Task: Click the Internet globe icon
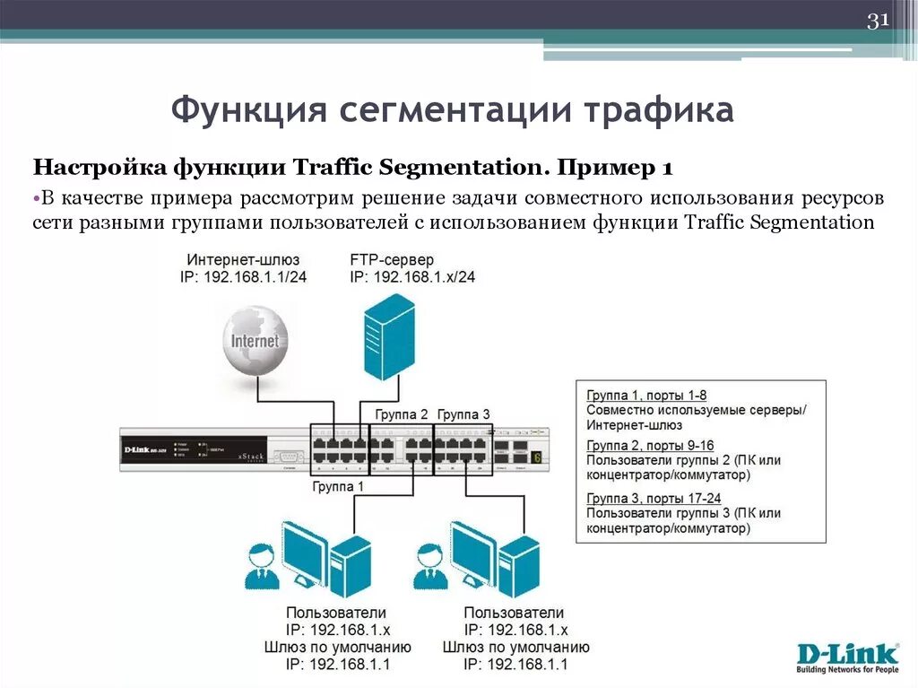[255, 341]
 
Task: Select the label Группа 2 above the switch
[400, 414]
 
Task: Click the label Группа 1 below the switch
[338, 486]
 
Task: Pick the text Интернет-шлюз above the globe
[244, 259]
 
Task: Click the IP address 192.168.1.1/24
[244, 277]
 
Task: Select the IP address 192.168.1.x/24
[413, 277]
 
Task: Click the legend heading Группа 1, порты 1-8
[646, 395]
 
